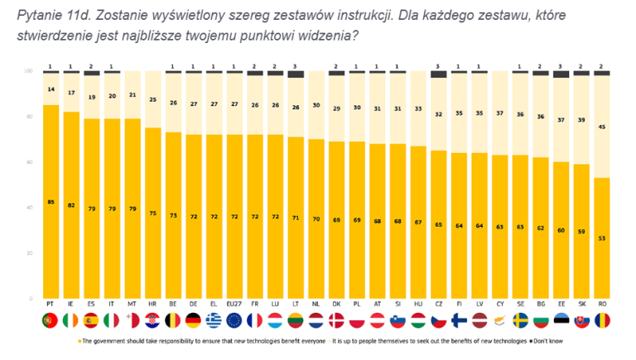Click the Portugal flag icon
pos(51,320)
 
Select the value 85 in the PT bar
pos(51,201)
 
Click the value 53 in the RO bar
pos(603,238)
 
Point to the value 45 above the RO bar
pos(603,127)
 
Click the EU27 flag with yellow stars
pos(234,320)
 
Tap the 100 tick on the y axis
pos(31,72)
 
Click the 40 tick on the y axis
pos(31,208)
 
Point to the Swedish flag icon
pos(521,320)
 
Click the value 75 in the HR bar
pos(153,213)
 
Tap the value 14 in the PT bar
pos(51,88)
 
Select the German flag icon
pos(194,320)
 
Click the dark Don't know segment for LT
pos(296,75)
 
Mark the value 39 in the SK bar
pos(582,120)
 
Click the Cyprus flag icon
pos(500,320)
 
